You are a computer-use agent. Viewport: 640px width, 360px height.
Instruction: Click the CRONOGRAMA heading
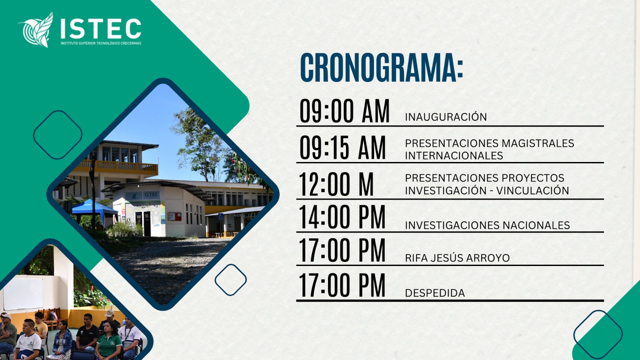tap(382, 68)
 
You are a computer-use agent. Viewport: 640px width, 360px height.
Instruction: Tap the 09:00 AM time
tap(344, 111)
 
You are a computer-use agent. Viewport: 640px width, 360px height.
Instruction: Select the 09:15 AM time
tap(342, 148)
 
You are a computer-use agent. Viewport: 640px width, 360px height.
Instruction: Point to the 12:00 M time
tap(336, 184)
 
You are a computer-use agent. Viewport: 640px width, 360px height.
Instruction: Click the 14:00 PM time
tap(342, 217)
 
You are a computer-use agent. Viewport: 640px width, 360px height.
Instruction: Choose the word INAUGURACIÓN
tap(446, 116)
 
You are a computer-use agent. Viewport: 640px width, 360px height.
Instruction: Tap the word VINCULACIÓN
tap(532, 190)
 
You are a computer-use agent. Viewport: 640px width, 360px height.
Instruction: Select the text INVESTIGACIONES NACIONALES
tap(488, 225)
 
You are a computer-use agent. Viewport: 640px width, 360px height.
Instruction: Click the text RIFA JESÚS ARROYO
tap(458, 258)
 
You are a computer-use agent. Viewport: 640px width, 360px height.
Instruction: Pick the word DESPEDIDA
tap(435, 293)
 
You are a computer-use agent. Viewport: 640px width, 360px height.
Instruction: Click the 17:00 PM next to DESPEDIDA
tap(342, 285)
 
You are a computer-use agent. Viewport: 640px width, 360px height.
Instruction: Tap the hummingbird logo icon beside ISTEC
tap(36, 30)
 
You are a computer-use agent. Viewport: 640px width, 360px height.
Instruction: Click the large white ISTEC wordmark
tap(101, 28)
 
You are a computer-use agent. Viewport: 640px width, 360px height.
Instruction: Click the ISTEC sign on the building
tap(151, 194)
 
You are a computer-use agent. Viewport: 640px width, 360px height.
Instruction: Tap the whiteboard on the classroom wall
tap(23, 294)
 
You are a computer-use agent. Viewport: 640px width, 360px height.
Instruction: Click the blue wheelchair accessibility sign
tap(221, 216)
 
